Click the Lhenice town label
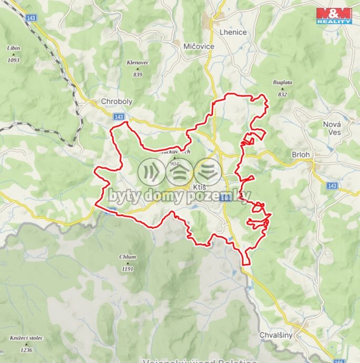[232, 32]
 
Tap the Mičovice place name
[199, 47]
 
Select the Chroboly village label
[117, 102]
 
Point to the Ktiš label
[199, 188]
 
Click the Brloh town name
[301, 155]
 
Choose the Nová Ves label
[332, 128]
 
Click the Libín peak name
[14, 48]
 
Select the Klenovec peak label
[137, 63]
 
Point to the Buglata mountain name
[282, 82]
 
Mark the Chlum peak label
[128, 257]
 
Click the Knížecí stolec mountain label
[26, 338]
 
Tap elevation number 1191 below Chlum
[128, 269]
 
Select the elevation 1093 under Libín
[14, 60]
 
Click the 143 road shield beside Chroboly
[119, 117]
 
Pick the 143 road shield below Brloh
[332, 186]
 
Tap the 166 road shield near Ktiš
[225, 198]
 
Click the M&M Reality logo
[334, 16]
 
